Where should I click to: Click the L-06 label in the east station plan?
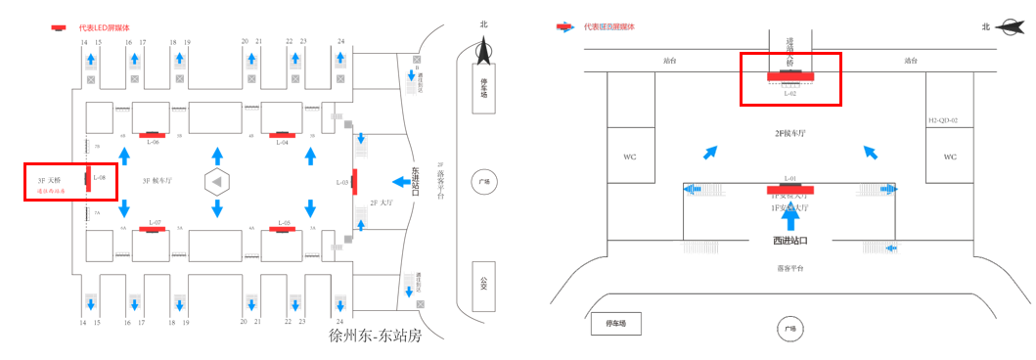(154, 142)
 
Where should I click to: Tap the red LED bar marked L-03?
(354, 181)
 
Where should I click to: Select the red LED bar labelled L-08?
(88, 178)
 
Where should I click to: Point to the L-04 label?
(282, 142)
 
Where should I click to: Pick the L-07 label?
(154, 223)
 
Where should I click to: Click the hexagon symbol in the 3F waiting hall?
(217, 181)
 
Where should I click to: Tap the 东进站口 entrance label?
(416, 181)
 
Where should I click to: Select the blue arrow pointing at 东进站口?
(399, 181)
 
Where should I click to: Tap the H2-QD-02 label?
(943, 120)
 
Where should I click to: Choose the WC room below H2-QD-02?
(950, 157)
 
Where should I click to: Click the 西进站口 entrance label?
(789, 241)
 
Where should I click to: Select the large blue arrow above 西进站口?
(790, 217)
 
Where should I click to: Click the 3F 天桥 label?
(49, 180)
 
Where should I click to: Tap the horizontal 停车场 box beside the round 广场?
(615, 322)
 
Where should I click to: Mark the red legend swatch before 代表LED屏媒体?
(59, 27)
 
